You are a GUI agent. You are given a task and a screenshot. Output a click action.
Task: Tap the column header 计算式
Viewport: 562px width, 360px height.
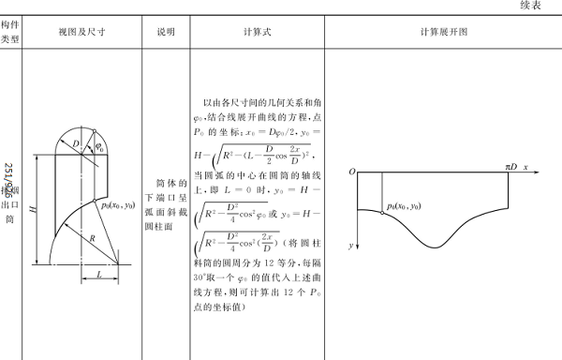(x=256, y=31)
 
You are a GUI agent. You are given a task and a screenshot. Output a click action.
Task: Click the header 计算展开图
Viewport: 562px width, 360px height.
(x=444, y=31)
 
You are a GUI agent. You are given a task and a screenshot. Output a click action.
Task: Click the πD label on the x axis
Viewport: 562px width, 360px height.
(x=510, y=166)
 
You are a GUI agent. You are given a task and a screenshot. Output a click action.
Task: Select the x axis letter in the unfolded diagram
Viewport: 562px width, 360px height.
(x=526, y=166)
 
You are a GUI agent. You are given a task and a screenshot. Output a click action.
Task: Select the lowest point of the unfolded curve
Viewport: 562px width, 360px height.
(x=436, y=247)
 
